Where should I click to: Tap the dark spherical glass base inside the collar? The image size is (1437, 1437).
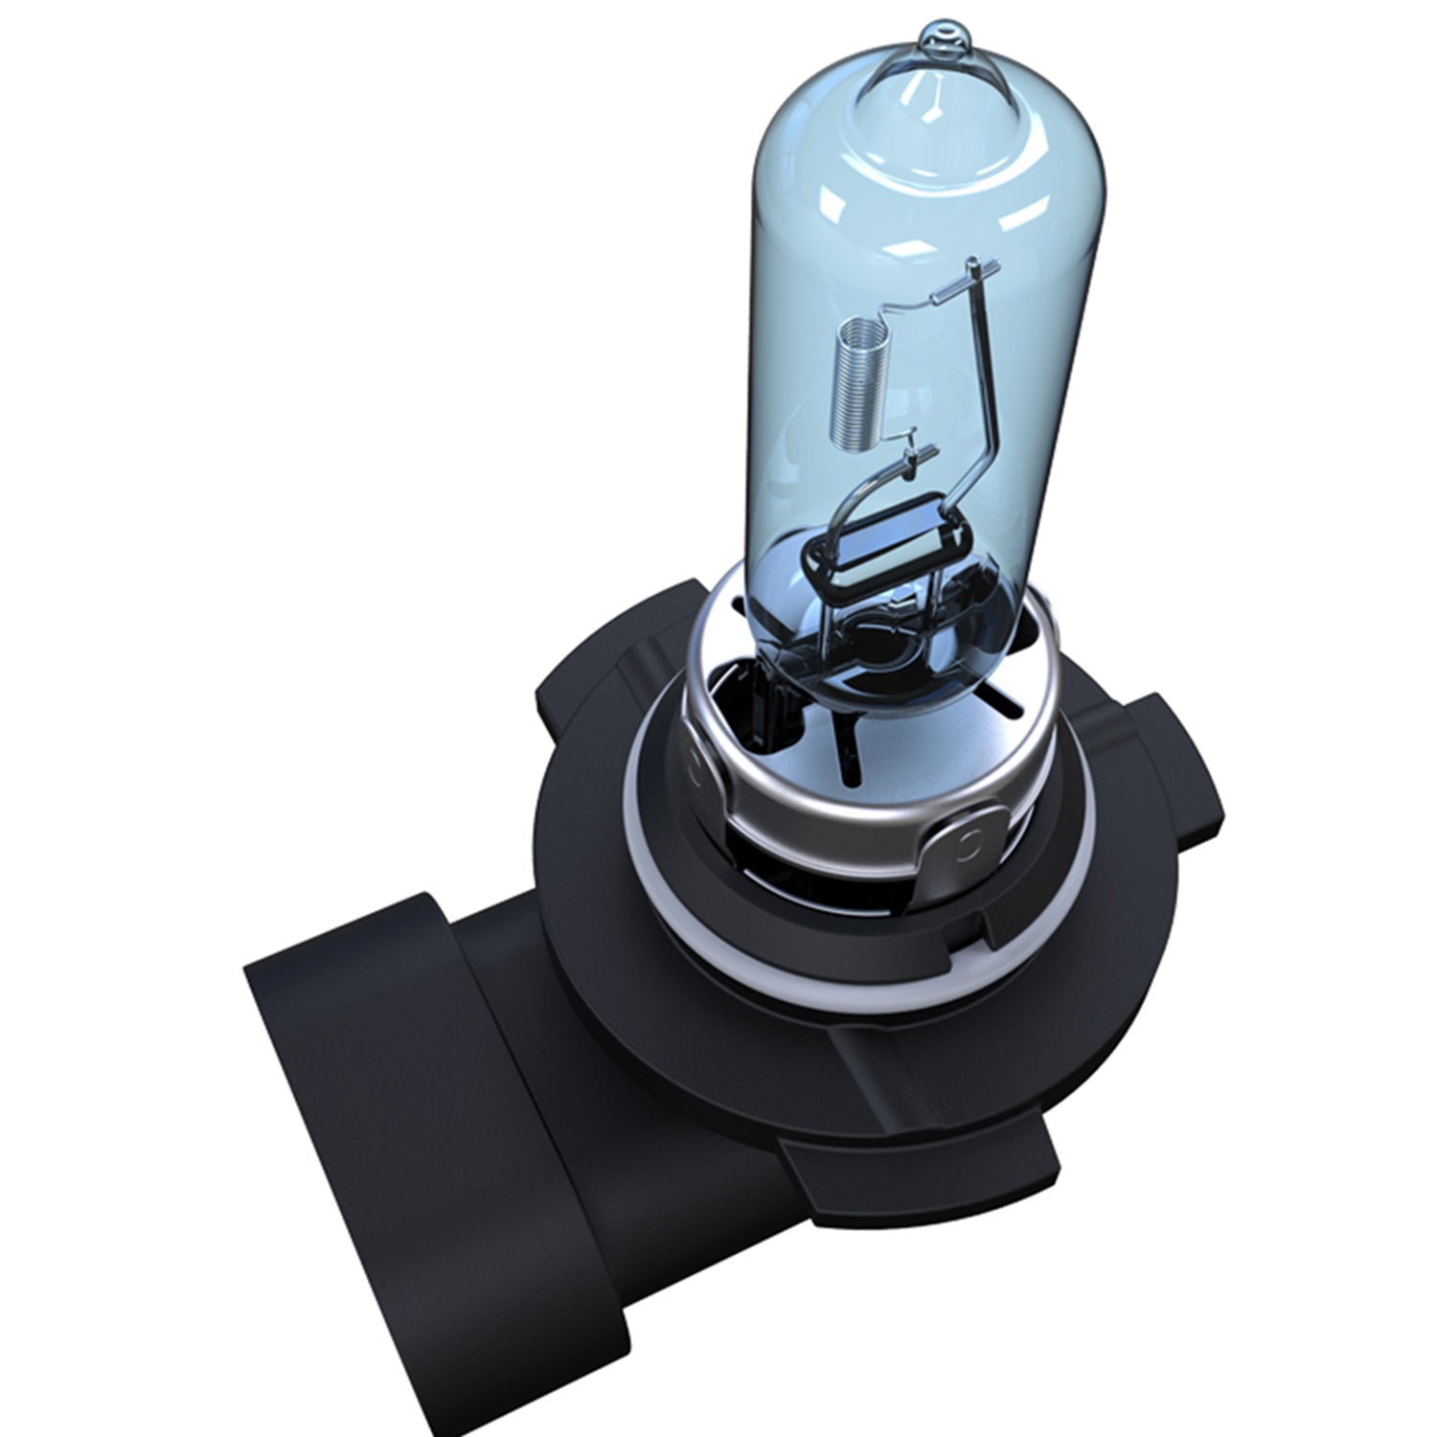891,651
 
